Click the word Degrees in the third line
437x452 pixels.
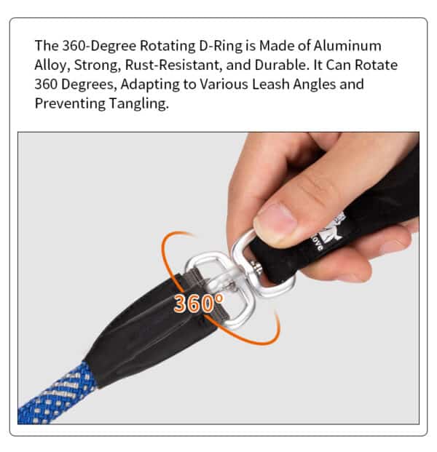87,84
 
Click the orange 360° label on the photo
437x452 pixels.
198,303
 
